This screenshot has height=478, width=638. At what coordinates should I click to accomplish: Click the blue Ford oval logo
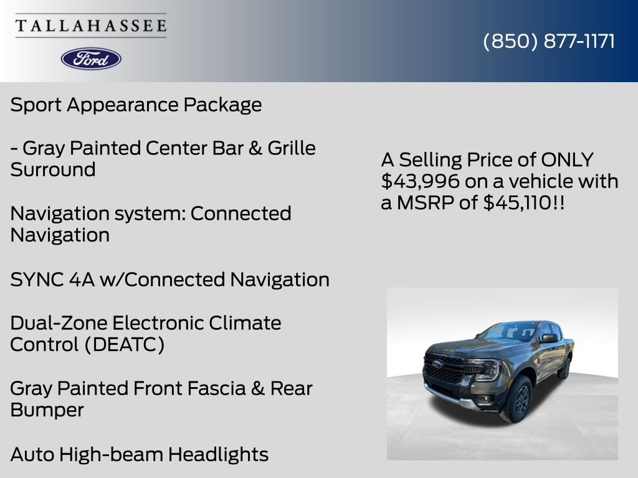point(91,59)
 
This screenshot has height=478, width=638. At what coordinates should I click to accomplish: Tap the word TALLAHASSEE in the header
point(91,26)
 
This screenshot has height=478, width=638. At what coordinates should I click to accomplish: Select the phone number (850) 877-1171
point(549,41)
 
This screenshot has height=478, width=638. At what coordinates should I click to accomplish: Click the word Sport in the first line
point(36,105)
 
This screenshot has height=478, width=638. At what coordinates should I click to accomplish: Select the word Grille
point(292,148)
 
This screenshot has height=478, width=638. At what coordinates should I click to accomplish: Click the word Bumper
point(47,410)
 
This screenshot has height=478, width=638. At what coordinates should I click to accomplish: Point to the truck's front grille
point(444,368)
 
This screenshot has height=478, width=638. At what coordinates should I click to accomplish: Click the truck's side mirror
point(548,338)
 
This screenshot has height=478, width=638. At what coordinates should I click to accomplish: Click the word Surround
point(53,170)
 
